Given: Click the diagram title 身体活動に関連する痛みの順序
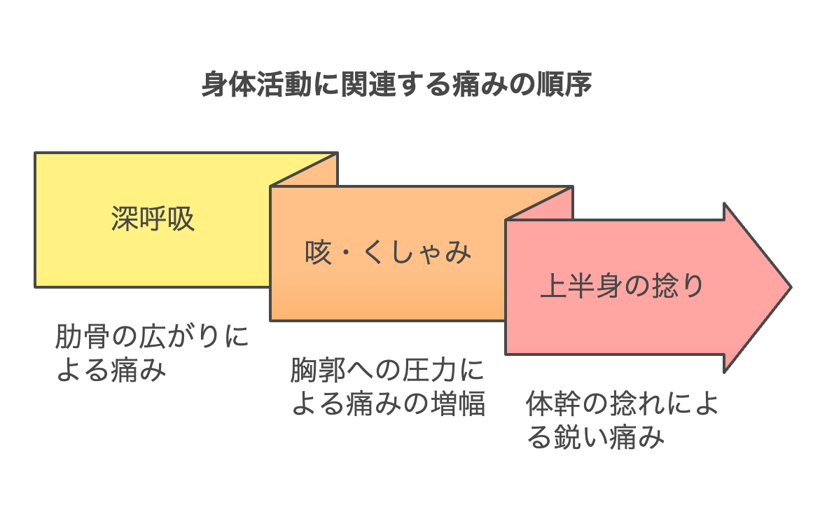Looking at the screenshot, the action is click(396, 85).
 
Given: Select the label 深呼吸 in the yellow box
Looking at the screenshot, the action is click(153, 219).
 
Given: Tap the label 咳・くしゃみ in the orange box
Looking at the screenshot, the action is click(388, 252).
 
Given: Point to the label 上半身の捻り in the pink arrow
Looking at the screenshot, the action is click(622, 286).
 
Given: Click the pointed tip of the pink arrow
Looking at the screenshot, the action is click(791, 288).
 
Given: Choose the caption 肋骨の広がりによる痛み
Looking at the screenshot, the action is click(152, 353).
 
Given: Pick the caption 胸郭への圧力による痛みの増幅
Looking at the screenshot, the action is click(388, 386).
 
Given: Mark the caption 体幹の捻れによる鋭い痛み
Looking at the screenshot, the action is click(623, 420).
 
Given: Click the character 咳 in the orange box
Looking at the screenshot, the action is click(319, 252).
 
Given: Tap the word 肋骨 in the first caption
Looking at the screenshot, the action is click(82, 337).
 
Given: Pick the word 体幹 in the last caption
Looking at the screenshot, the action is click(553, 404).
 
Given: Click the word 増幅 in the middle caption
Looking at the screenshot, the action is click(458, 404).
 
